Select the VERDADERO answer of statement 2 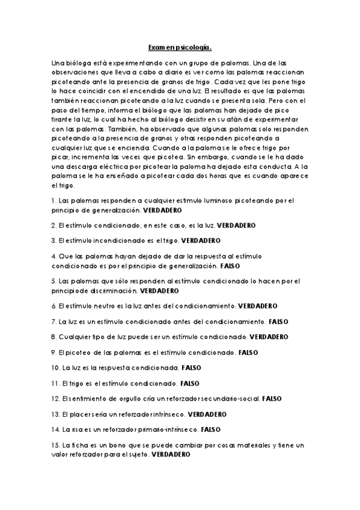point(236,225)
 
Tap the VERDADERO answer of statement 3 point(201,240)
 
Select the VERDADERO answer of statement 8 point(269,336)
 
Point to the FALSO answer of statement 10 point(191,367)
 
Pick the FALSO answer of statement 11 point(191,382)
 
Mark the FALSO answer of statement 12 point(272,398)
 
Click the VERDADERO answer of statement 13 point(207,414)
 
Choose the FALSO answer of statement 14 point(210,430)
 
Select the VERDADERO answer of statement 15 point(171,455)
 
